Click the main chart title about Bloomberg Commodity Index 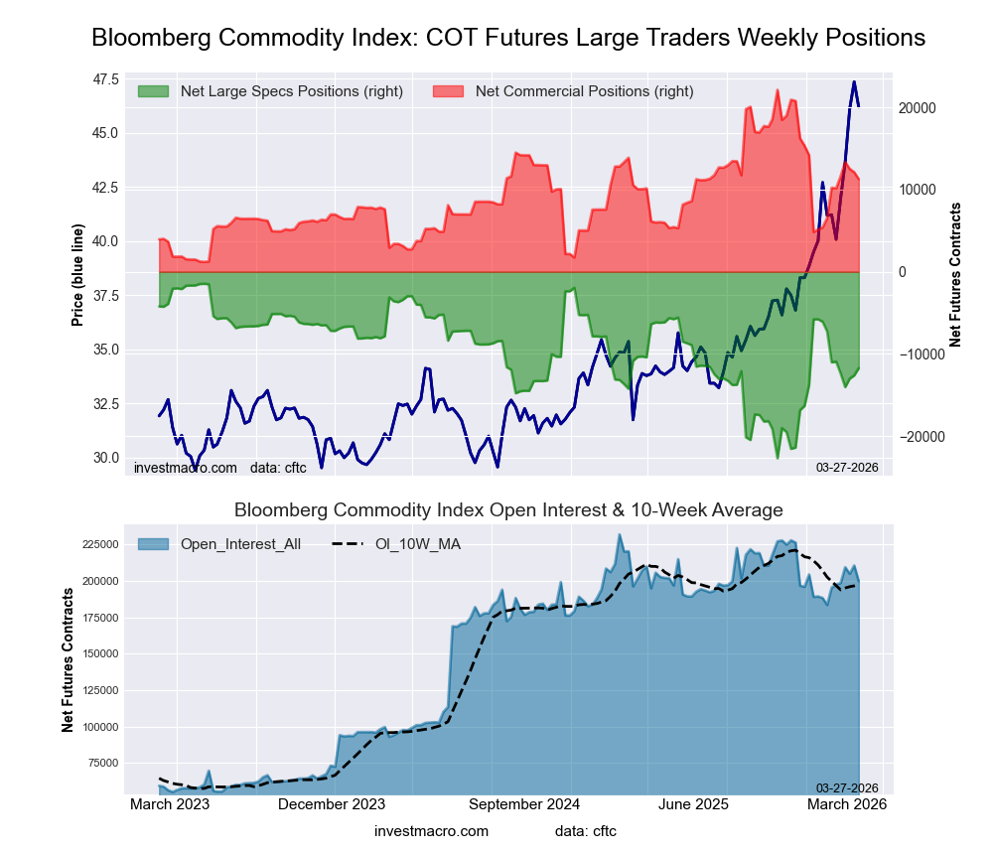(508, 38)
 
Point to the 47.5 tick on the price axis (105, 79)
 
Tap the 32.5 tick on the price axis (105, 404)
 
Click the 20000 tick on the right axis (919, 107)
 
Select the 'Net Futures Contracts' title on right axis (955, 274)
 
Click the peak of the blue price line (853, 81)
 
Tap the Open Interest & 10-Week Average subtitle (508, 510)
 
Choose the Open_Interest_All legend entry (240, 543)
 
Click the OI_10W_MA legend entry (417, 543)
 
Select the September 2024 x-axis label (522, 804)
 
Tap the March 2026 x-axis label (846, 804)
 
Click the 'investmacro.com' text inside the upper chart (186, 468)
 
